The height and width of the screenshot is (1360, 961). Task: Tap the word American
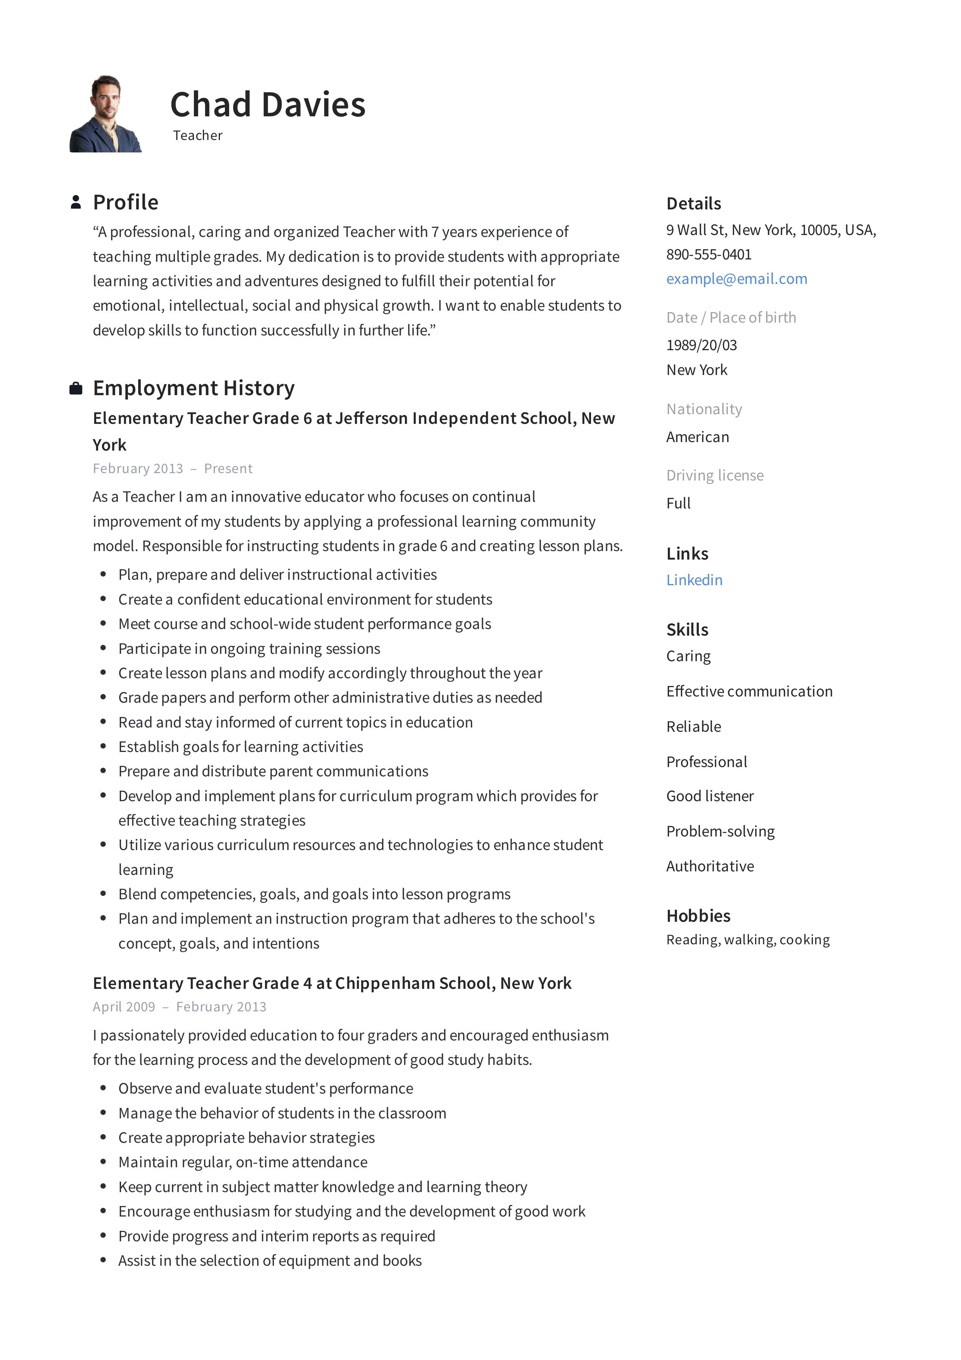point(697,437)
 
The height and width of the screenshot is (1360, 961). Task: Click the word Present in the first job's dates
point(228,468)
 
